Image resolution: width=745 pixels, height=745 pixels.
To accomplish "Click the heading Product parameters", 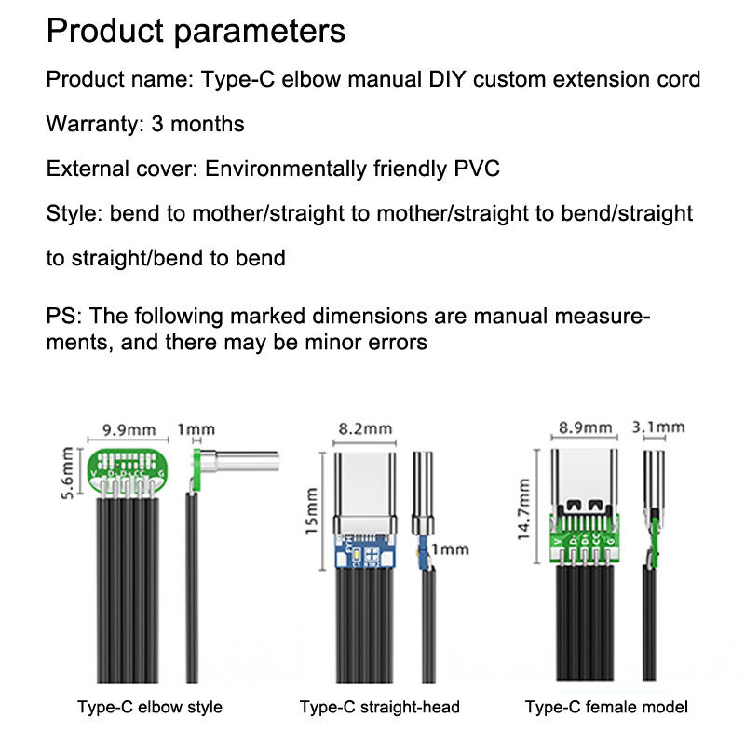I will [196, 31].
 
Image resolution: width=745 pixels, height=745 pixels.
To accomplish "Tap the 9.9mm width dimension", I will [129, 430].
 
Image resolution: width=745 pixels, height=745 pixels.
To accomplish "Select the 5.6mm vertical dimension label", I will [67, 472].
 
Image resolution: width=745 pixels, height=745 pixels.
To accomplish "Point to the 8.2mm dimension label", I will [364, 429].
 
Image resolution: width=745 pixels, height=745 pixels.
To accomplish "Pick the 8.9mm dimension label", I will [586, 428].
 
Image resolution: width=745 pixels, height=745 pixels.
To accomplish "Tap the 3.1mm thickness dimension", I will [658, 428].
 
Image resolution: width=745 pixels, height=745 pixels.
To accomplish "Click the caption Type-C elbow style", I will [150, 707].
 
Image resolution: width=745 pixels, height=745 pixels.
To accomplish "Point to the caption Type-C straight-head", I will [380, 707].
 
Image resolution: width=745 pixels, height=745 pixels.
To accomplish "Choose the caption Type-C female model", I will [606, 707].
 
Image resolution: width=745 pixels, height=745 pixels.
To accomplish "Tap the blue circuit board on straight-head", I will [363, 553].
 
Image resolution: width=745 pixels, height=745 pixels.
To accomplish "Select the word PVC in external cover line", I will [477, 169].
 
